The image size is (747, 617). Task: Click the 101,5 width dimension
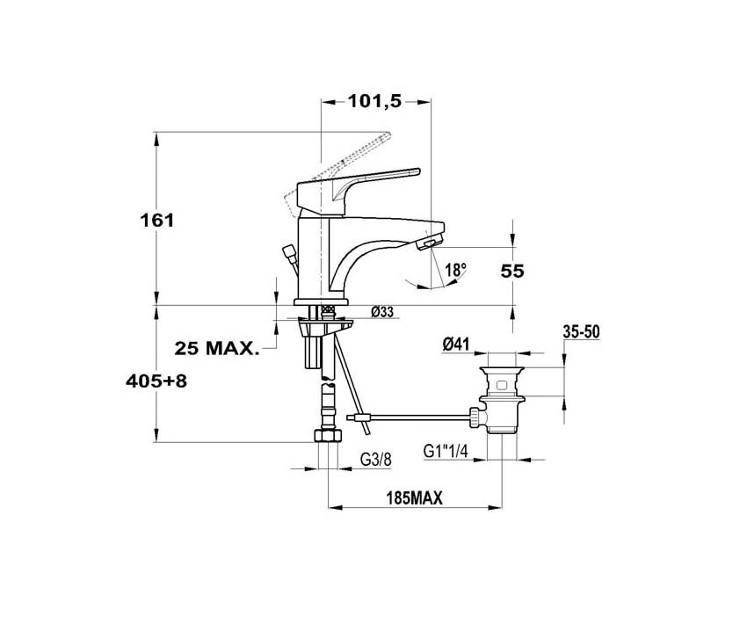(375, 101)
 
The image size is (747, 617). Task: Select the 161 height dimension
(157, 221)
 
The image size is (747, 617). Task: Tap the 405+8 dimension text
(156, 381)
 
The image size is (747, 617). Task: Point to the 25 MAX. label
(217, 348)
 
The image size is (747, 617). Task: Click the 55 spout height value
(512, 271)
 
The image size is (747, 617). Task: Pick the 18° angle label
(455, 271)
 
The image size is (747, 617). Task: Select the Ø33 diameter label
(382, 312)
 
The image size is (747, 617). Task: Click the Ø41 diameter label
(456, 344)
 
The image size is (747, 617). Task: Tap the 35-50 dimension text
(581, 332)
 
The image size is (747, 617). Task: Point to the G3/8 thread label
(375, 460)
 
